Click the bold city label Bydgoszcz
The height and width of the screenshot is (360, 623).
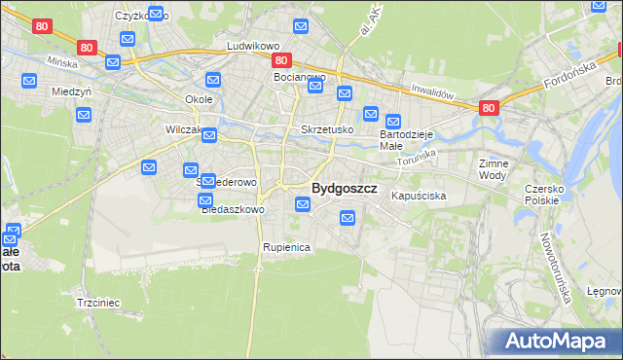[344, 188]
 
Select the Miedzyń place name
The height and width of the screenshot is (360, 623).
[70, 92]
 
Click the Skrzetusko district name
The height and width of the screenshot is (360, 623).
[326, 129]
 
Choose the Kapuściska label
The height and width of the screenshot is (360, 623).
[419, 196]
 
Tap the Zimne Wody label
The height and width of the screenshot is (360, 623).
[494, 170]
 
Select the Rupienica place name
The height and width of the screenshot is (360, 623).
[286, 247]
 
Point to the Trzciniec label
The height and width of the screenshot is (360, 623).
[97, 303]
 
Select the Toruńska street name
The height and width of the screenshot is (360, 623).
[418, 157]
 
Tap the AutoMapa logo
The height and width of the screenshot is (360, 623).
[555, 341]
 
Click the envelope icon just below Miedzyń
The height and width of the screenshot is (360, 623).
[84, 115]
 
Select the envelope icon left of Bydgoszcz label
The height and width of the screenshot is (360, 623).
[303, 204]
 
